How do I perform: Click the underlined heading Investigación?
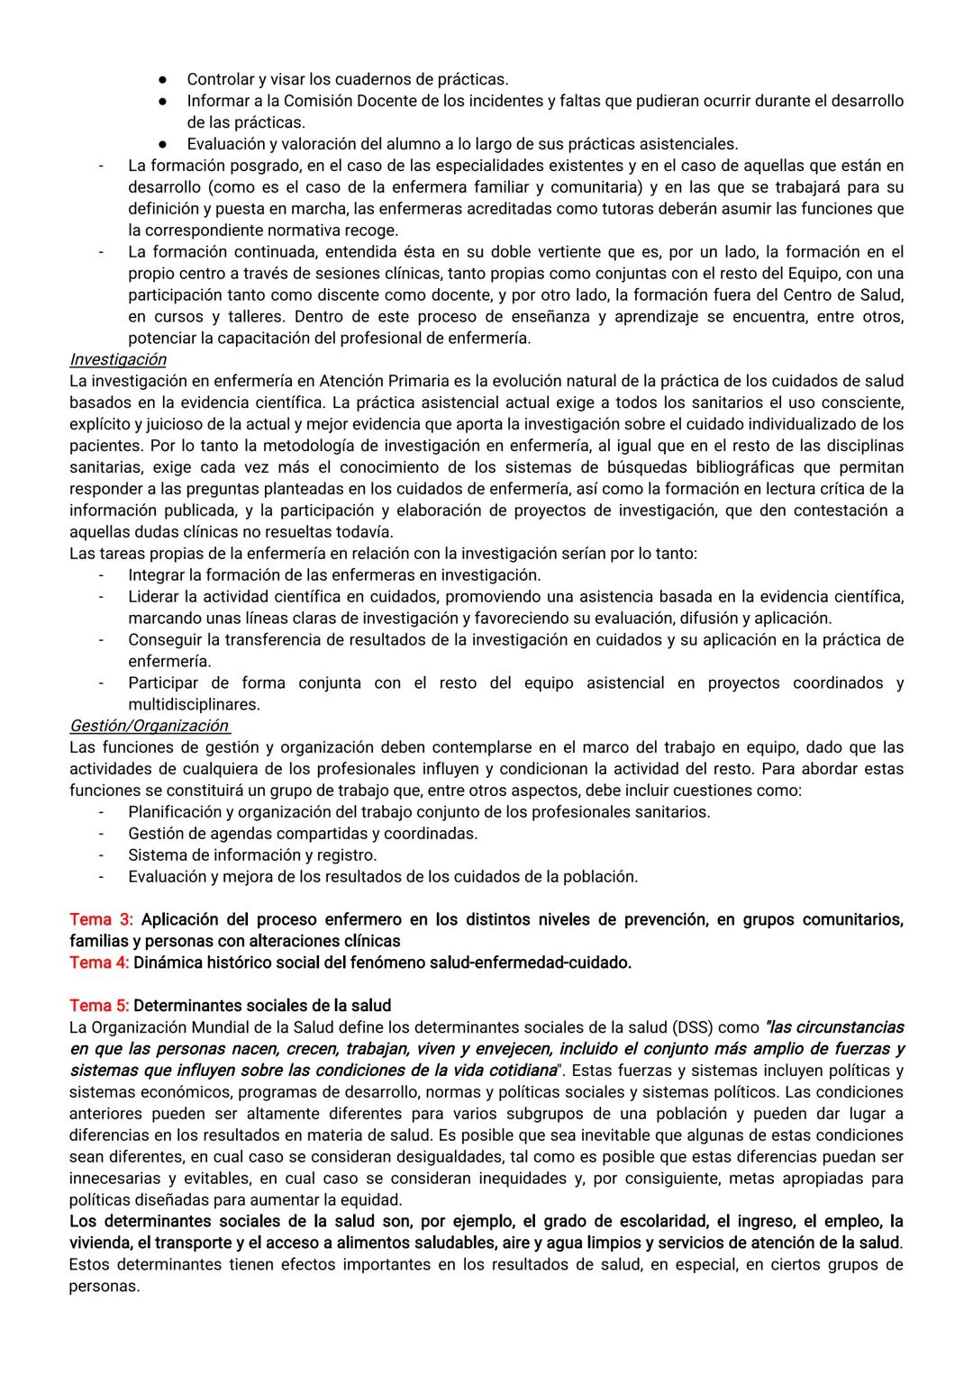pyautogui.click(x=118, y=359)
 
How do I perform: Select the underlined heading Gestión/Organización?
pyautogui.click(x=149, y=726)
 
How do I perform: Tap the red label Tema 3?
pyautogui.click(x=101, y=919)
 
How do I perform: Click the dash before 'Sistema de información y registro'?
pyautogui.click(x=102, y=855)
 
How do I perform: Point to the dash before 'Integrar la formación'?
pyautogui.click(x=102, y=575)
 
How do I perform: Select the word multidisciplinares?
pyautogui.click(x=194, y=705)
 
